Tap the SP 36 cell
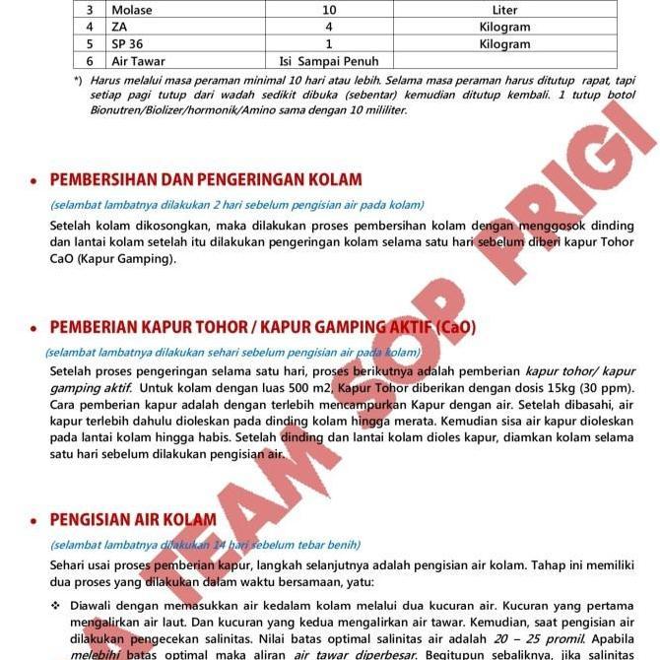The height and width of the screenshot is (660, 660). pos(128,44)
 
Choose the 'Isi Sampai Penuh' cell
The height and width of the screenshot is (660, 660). pos(329,61)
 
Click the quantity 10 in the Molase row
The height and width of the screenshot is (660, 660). pos(329,10)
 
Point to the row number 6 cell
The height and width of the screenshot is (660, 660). pos(90,61)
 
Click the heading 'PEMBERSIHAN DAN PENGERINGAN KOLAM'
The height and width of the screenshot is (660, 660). pos(206,179)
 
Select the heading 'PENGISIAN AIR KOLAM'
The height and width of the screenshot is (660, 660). pos(133,519)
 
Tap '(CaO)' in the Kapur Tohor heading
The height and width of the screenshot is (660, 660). pos(454,326)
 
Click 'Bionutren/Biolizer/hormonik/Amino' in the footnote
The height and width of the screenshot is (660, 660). pos(183,110)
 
